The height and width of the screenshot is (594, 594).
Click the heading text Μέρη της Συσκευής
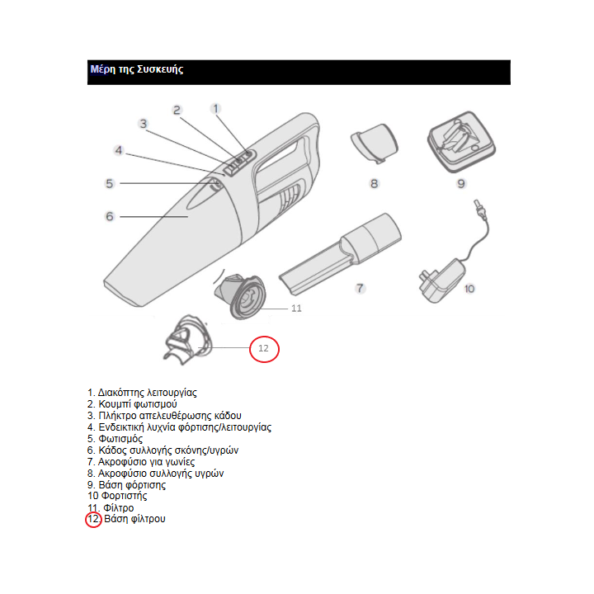pyautogui.click(x=137, y=69)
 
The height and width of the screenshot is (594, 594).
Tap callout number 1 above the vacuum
pyautogui.click(x=216, y=109)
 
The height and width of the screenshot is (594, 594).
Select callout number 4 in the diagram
pyautogui.click(x=119, y=150)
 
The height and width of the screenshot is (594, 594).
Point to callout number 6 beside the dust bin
pyautogui.click(x=110, y=216)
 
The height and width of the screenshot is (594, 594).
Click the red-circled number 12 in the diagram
pyautogui.click(x=264, y=348)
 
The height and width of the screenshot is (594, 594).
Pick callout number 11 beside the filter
pyautogui.click(x=296, y=309)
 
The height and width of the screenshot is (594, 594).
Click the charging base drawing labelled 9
pyautogui.click(x=461, y=142)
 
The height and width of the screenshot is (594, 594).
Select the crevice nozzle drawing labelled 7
pyautogui.click(x=340, y=254)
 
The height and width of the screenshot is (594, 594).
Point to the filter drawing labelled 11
pyautogui.click(x=241, y=295)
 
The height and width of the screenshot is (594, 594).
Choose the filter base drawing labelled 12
pyautogui.click(x=188, y=340)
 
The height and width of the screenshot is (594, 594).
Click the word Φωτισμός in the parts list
pyautogui.click(x=120, y=439)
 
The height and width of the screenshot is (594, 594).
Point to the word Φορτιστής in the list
pyautogui.click(x=124, y=496)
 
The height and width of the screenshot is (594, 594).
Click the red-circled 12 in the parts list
pyautogui.click(x=93, y=519)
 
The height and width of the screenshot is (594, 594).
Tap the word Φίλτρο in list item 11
pyautogui.click(x=119, y=507)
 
